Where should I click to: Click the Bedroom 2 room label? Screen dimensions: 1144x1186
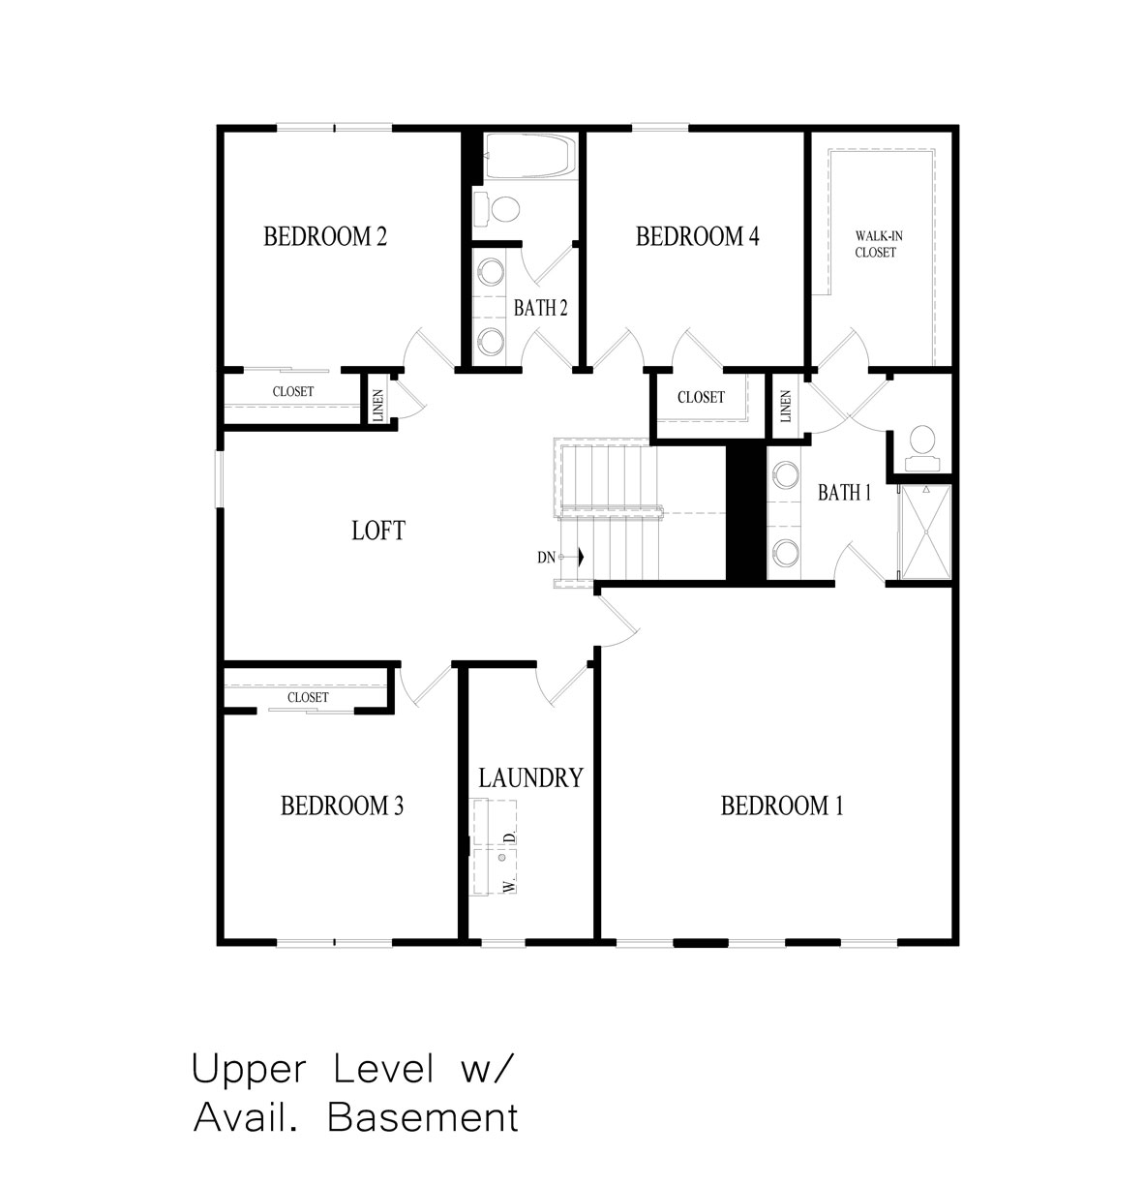[324, 236]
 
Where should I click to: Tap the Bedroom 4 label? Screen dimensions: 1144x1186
[697, 236]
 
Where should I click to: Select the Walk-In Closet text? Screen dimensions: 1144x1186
[878, 244]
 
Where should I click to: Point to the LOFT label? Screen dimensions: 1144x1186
[377, 531]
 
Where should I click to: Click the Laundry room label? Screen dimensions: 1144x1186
[530, 777]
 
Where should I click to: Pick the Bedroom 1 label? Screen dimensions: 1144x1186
[782, 806]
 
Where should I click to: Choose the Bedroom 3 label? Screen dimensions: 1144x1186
[342, 806]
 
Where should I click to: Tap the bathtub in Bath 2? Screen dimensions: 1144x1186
[530, 156]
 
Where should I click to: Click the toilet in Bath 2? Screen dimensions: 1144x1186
[497, 209]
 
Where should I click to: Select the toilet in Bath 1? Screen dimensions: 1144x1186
[921, 447]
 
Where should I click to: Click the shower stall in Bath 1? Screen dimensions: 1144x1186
[925, 532]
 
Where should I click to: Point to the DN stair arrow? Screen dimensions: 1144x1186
[580, 556]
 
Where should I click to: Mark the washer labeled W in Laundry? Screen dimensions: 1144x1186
[494, 871]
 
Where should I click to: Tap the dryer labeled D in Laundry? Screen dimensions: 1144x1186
[494, 823]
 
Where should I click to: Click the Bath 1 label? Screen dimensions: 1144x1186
[844, 492]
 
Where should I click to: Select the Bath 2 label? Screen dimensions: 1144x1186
[540, 308]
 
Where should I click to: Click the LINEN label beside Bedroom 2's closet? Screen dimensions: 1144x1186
[377, 406]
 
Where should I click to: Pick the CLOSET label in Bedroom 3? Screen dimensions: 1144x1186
[308, 697]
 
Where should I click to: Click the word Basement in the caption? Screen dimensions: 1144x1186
[423, 1116]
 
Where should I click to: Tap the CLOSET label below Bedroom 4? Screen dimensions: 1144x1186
[701, 397]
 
